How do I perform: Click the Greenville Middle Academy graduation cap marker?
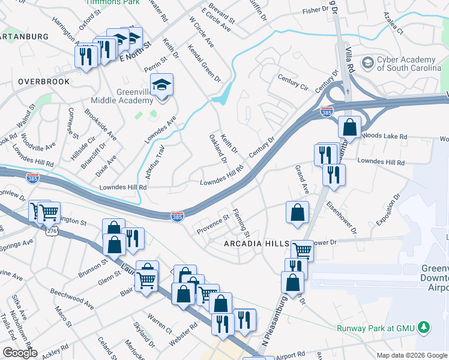161,86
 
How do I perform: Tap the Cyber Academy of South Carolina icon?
367,62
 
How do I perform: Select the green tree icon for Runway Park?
424,327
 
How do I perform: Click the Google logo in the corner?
20,353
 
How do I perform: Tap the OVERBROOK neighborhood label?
44,81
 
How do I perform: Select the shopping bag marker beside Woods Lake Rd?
349,128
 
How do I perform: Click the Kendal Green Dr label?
204,64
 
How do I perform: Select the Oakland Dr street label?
217,149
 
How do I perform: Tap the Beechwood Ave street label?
72,293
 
